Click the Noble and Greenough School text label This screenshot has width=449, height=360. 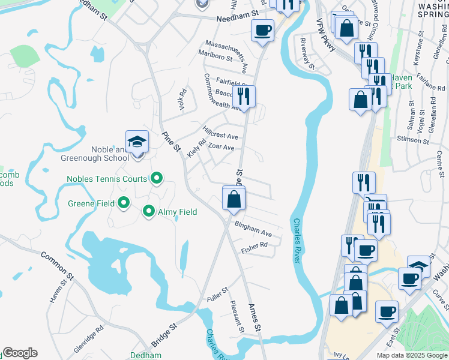tap(94, 154)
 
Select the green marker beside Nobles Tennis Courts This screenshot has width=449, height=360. tap(157, 178)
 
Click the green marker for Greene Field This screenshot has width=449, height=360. tap(124, 203)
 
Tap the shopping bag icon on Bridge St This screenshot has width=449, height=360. tap(234, 199)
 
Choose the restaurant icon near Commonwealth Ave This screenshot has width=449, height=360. tap(244, 96)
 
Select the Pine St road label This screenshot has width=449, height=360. tap(171, 142)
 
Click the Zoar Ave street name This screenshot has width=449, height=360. tap(220, 148)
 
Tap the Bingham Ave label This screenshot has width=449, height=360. tap(253, 229)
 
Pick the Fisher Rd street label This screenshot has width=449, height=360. tap(253, 245)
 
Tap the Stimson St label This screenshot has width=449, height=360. tap(413, 140)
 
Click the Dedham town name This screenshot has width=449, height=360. tap(146, 355)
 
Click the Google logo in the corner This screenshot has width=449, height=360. tap(20, 353)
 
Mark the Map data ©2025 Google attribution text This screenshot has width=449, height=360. tap(411, 355)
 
